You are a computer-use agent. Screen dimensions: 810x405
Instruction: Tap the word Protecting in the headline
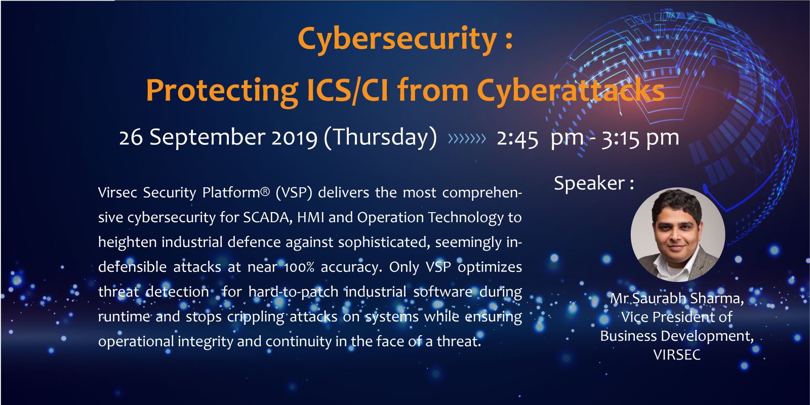coord(222,92)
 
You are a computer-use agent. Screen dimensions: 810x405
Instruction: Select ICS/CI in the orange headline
coord(347,90)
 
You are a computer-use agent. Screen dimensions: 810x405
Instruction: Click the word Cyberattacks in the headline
coord(571,91)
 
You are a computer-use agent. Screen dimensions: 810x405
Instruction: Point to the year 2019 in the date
coord(294,137)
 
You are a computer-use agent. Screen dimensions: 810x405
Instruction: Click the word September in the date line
coord(208,137)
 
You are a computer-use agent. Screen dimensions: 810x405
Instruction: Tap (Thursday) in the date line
coord(380,137)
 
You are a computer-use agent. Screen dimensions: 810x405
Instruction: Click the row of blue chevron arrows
coord(467,139)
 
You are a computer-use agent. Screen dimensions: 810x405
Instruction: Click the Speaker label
coord(594,183)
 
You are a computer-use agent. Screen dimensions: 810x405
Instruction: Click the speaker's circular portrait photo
coord(678,234)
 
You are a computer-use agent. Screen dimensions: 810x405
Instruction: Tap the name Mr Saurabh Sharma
coord(677,299)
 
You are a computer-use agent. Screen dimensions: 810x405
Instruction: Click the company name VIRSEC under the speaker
coord(677,355)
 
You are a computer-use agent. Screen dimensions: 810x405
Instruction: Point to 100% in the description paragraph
coord(299,267)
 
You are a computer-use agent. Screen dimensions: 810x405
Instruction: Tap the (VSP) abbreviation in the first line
coord(294,193)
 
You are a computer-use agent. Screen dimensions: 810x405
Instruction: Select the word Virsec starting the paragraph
coord(117,192)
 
